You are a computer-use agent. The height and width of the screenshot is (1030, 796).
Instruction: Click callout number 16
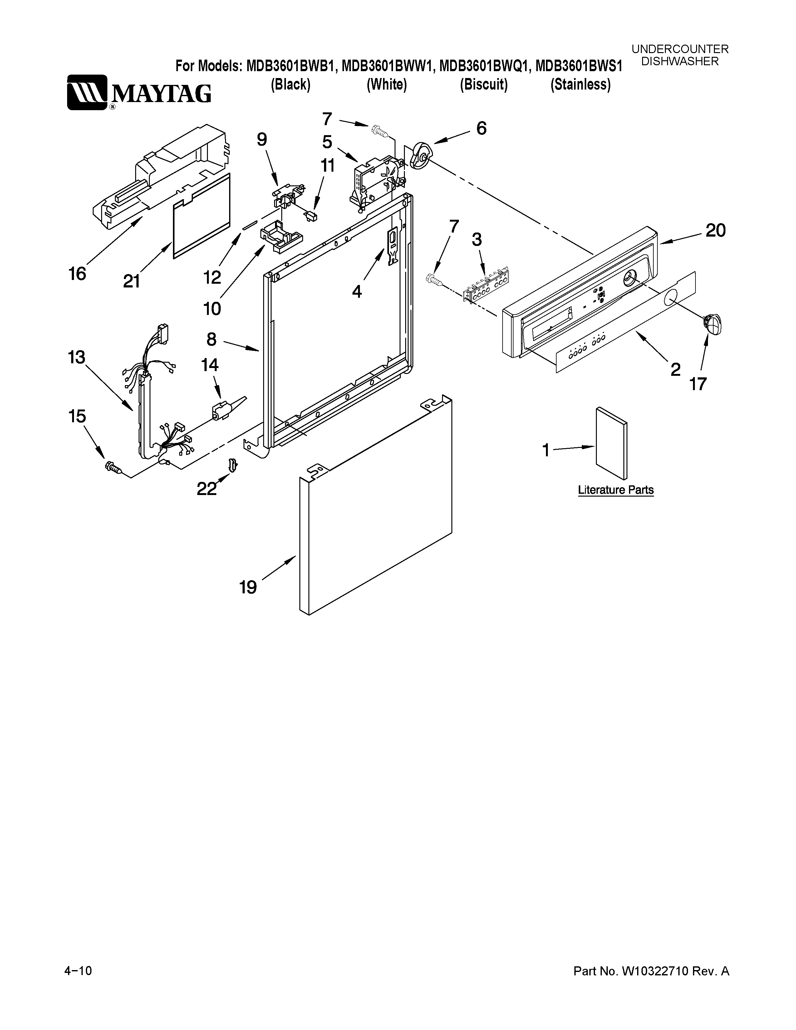tap(77, 273)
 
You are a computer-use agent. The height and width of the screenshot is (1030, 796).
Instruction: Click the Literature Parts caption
tap(615, 490)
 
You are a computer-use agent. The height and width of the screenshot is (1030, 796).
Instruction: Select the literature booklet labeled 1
tap(612, 442)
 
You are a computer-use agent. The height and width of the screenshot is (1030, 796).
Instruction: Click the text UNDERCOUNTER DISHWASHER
tap(680, 55)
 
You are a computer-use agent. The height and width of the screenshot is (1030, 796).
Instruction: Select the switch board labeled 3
tap(486, 284)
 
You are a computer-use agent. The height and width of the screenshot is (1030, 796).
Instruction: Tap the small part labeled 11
tap(311, 216)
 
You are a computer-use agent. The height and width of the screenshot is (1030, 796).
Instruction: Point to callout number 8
tap(211, 339)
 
